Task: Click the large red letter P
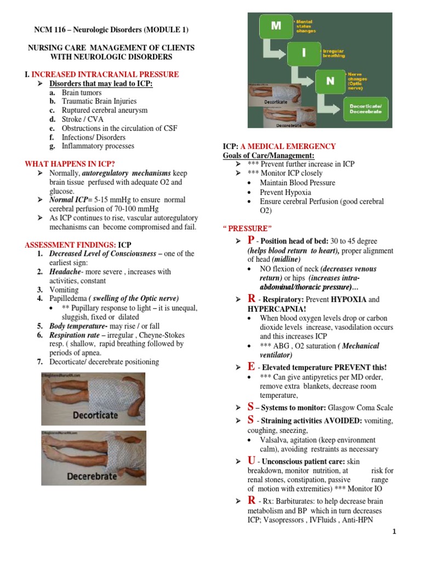click(251, 241)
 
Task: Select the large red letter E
click(251, 366)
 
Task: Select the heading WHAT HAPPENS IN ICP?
click(70, 164)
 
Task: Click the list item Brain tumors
click(82, 93)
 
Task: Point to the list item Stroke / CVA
click(83, 119)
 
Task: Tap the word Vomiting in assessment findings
click(64, 289)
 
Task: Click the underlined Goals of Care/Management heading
click(268, 156)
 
